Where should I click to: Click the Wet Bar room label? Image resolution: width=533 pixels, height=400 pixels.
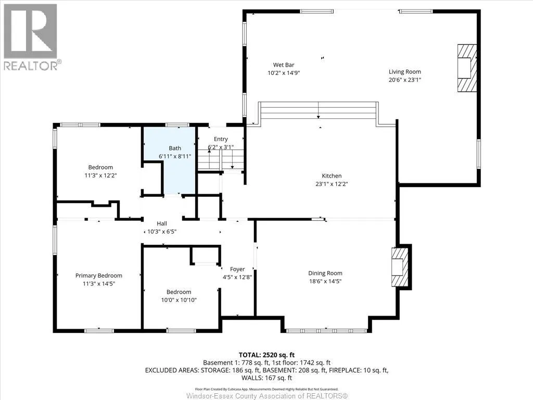[x=284, y=65]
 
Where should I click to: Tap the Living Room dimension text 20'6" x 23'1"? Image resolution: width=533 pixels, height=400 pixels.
[x=405, y=80]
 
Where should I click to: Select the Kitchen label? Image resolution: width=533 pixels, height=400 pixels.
[x=332, y=176]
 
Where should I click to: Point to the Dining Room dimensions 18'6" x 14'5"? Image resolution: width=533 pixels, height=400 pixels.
[x=325, y=281]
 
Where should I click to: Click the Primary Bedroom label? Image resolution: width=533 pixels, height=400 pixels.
[x=98, y=276]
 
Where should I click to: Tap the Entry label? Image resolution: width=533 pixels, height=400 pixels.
[x=221, y=139]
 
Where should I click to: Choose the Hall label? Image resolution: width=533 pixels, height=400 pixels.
[x=162, y=223]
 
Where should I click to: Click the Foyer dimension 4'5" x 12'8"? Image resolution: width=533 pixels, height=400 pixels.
[x=237, y=277]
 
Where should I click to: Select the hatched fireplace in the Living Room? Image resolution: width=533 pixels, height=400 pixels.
[x=467, y=68]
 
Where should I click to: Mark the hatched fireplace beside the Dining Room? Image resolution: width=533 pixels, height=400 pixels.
[x=400, y=267]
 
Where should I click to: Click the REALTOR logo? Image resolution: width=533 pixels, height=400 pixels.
[x=32, y=37]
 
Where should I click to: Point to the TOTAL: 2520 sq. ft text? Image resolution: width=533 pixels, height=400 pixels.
[x=266, y=355]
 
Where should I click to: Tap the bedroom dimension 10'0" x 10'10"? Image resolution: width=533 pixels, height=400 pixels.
[x=179, y=300]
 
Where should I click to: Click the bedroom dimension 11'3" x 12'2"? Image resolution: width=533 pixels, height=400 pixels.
[x=100, y=176]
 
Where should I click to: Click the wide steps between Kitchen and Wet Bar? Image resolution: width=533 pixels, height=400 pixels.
[x=318, y=110]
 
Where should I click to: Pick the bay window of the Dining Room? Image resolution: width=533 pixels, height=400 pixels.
[x=326, y=331]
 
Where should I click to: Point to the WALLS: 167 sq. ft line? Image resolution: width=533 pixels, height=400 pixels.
[x=266, y=378]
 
